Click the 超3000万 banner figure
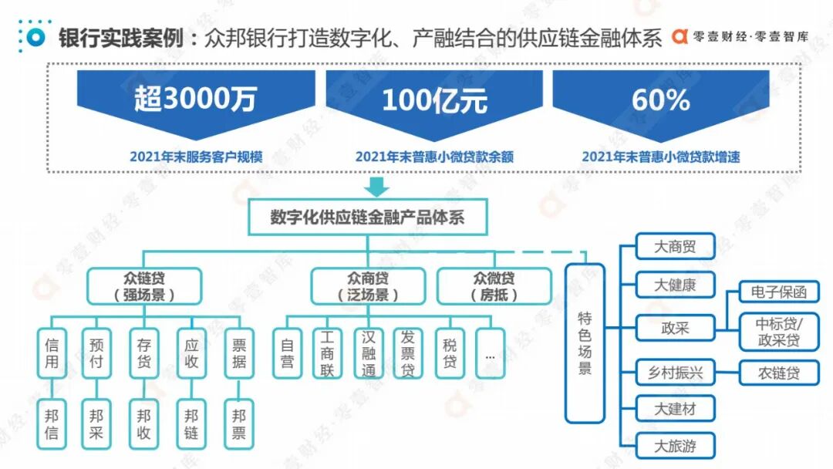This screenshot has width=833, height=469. pos(194,100)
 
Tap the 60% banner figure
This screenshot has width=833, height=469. pos(660,100)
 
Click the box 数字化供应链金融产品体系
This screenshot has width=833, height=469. pos(367,218)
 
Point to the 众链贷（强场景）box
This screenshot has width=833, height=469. pos(144,285)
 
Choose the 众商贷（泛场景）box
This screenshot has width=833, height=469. pos(368,285)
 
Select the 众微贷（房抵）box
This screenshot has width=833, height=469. pos(494,285)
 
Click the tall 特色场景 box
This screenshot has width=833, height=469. pos(585,343)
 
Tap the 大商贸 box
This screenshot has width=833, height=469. pos(675,247)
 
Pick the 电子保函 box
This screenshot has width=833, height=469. pos(779,292)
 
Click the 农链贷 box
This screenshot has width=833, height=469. pos(779,373)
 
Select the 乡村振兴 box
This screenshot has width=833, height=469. pos(675,373)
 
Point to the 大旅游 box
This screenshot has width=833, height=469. pos(675,446)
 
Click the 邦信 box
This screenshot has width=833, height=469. pos(52,424)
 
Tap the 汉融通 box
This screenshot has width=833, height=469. pos(368,353)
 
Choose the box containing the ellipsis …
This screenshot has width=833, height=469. pos(491,353)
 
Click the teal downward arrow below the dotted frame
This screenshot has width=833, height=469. pos(377,186)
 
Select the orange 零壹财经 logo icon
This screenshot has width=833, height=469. pos(680,36)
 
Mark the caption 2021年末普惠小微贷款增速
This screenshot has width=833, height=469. pos(660,157)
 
